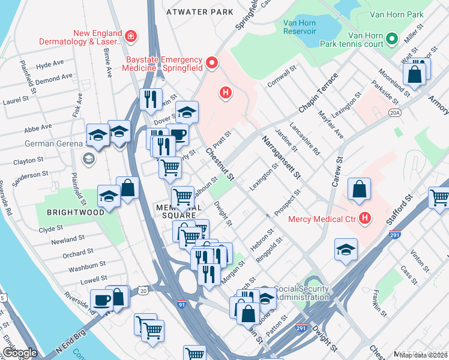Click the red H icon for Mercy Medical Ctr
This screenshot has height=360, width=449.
(363, 218)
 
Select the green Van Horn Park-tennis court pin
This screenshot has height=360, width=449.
(392, 40)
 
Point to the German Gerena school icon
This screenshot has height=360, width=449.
(89, 158)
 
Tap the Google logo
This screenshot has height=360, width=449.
(19, 353)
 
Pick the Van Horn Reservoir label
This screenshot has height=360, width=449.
(305, 28)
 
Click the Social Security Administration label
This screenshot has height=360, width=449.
(302, 293)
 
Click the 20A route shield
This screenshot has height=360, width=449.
(394, 112)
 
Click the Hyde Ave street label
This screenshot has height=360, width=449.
(50, 65)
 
